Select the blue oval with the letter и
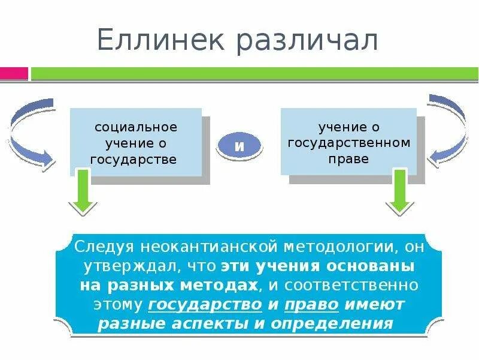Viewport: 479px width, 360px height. (239, 146)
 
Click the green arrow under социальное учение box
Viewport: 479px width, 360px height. (83, 191)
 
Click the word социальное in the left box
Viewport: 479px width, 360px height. (136, 128)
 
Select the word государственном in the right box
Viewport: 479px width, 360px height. (349, 143)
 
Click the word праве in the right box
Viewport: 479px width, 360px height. (348, 160)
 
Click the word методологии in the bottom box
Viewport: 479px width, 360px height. (326, 247)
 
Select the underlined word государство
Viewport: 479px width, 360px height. (205, 304)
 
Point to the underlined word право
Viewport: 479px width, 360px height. (311, 304)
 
